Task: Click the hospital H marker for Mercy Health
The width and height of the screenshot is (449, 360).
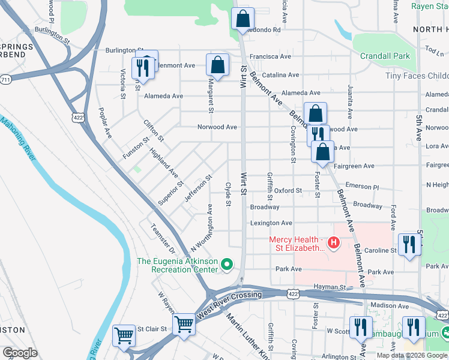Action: [x=333, y=243]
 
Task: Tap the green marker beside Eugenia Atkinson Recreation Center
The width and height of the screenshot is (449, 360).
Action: [x=227, y=264]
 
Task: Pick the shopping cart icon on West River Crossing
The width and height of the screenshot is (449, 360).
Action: [x=184, y=325]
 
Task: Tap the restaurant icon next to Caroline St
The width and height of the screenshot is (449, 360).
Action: [x=409, y=244]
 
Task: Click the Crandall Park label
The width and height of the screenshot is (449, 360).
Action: [x=385, y=56]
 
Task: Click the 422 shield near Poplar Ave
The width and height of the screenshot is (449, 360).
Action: [x=78, y=118]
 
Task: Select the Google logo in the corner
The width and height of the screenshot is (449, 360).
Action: [x=20, y=352]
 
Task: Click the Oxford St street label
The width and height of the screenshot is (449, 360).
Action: [x=289, y=191]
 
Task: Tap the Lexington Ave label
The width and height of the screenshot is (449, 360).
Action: [x=271, y=223]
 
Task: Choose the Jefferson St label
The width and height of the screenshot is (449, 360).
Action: [x=199, y=188]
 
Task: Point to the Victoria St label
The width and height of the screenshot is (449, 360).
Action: [x=122, y=83]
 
